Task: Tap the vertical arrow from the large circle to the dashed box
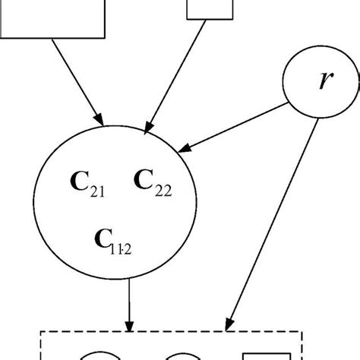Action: tap(131, 304)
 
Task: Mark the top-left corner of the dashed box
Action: tap(42, 331)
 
